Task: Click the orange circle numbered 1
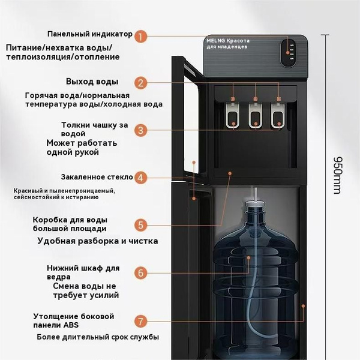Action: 140,36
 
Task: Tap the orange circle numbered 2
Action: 140,83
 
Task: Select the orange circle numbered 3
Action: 140,130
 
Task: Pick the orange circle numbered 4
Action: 140,177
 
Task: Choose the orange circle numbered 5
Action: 140,225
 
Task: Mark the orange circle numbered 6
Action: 140,272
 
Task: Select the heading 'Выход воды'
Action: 92,82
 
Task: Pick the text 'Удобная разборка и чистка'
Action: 97,241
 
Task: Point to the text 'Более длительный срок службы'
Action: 98,337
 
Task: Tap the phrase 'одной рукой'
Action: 73,152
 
